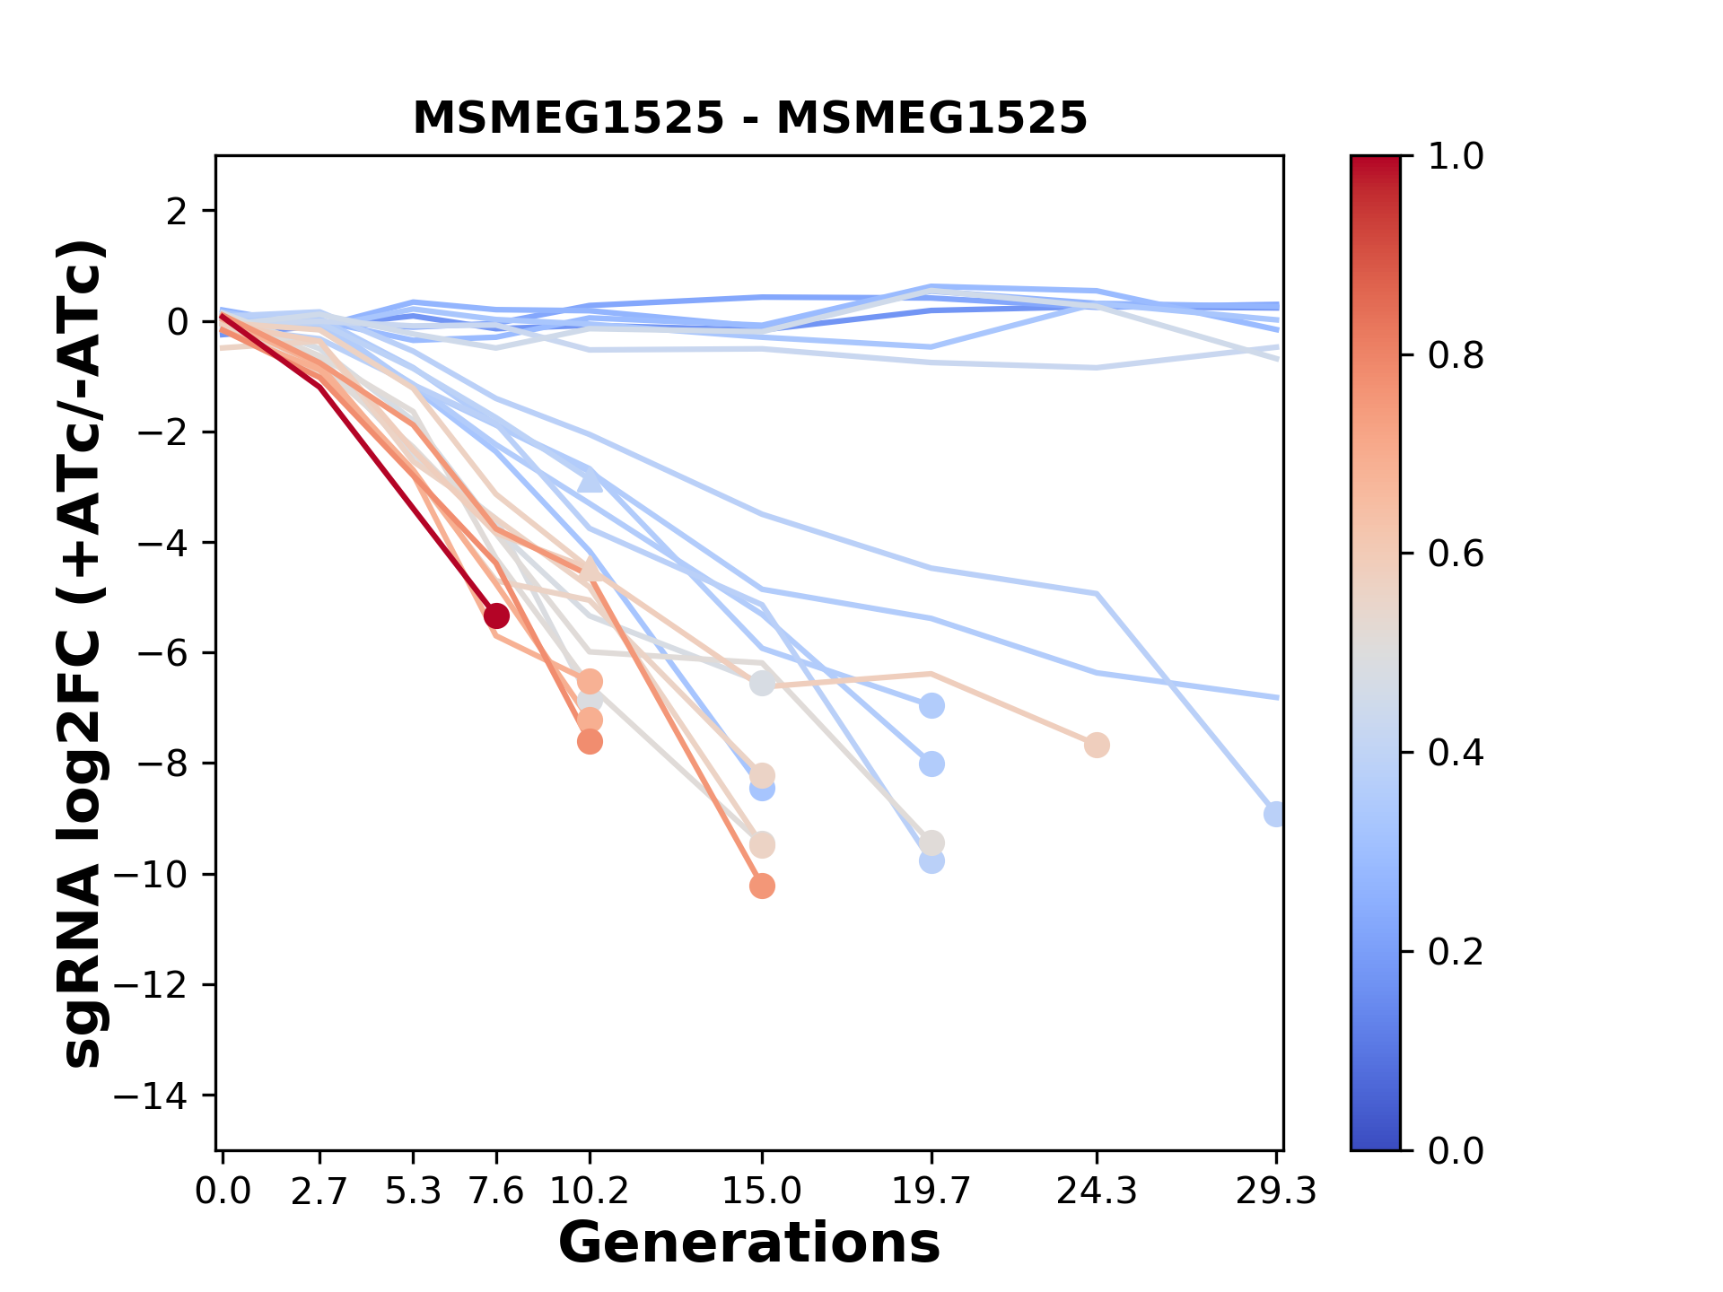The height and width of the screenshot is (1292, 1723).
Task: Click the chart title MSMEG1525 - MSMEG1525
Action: tap(749, 118)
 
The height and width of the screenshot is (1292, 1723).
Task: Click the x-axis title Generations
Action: tap(749, 1244)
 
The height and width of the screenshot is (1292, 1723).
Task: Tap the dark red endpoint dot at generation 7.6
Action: tap(496, 615)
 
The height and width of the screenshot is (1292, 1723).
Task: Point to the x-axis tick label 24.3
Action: tap(1097, 1192)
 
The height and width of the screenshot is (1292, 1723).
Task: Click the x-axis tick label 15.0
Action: tap(762, 1192)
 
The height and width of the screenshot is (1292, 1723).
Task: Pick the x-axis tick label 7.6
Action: tap(496, 1192)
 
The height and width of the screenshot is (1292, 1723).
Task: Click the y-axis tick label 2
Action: tap(178, 212)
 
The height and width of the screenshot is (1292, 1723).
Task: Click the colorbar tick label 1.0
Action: tap(1456, 157)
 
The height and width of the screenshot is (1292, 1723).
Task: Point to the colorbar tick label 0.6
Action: tap(1456, 554)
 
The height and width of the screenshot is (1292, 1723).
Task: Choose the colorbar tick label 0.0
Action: tap(1456, 1150)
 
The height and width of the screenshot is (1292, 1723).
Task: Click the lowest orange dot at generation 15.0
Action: tap(762, 886)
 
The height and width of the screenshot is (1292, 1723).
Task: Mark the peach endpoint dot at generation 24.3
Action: tap(1097, 745)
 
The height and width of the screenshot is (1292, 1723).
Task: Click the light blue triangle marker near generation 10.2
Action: tap(590, 482)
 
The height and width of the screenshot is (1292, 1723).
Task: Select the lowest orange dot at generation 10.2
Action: tap(590, 742)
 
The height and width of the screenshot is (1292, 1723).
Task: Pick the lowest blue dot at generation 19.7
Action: tap(931, 861)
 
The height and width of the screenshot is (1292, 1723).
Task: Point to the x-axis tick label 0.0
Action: tap(223, 1192)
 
